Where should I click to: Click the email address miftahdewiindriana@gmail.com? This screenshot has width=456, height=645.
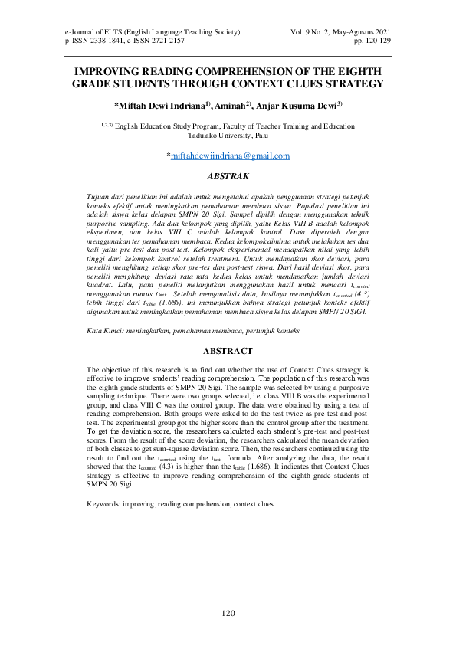coord(230,156)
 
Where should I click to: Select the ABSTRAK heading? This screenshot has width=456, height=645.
coord(228,175)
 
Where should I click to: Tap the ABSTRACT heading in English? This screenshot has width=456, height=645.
coord(228,351)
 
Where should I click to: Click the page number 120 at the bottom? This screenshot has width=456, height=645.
coord(228,613)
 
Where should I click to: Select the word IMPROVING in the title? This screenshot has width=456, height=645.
coord(106,70)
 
